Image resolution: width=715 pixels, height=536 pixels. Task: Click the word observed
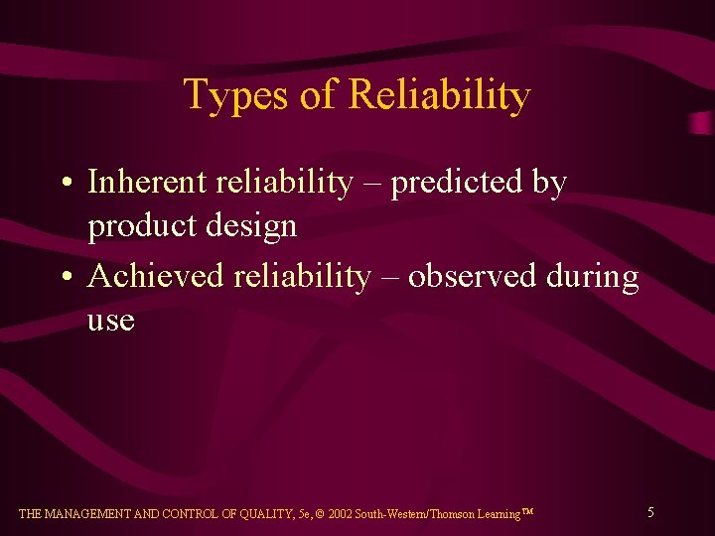473,276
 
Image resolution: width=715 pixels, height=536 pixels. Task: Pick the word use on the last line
110,322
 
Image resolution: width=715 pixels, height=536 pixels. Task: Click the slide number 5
650,512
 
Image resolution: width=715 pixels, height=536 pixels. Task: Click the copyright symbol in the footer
320,514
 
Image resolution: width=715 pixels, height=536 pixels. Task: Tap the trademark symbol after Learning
527,511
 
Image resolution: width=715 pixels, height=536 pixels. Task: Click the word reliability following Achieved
302,276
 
